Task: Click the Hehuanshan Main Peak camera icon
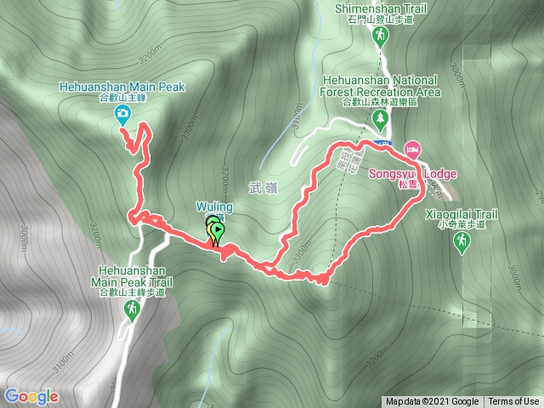tap(123, 113)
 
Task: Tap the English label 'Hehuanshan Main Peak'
tap(122, 87)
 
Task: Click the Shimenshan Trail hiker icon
tap(380, 35)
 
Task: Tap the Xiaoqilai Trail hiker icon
tap(461, 242)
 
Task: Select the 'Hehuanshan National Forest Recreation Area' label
tap(380, 85)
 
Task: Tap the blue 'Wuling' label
tap(211, 206)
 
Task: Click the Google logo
tap(31, 396)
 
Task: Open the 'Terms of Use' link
tap(513, 402)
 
